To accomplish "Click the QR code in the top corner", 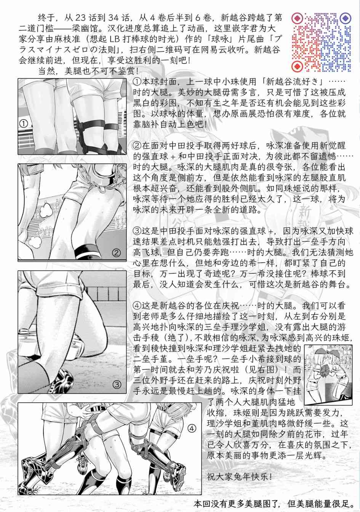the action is coord(321,43).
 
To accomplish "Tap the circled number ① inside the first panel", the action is coord(24,124).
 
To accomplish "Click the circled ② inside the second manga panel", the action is coord(117,253).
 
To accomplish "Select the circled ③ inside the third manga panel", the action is coord(117,384).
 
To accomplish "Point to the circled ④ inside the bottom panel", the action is coord(192,429).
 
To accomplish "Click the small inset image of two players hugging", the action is coord(328,374).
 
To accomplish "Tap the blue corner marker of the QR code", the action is coord(345,18).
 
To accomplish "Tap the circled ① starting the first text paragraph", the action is coord(138,82).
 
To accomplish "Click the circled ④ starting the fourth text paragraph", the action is coord(138,305).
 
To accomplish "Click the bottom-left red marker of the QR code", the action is coord(298,66).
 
